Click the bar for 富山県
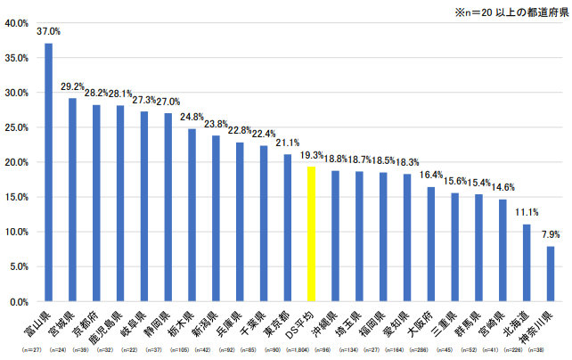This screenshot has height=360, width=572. click(x=48, y=173)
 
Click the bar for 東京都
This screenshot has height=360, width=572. click(x=288, y=228)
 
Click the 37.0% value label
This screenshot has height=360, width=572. click(x=48, y=31)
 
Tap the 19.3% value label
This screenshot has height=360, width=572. click(x=312, y=155)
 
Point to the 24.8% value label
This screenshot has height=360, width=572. click(x=192, y=117)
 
